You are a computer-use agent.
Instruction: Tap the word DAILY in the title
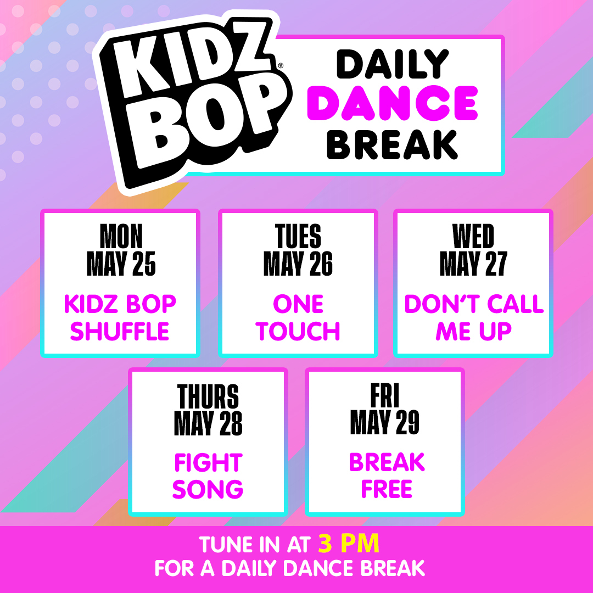coord(393,64)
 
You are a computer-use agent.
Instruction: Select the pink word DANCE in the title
coord(393,104)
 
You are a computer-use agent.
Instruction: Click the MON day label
coord(121,237)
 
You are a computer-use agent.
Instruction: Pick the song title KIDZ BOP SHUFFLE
coord(120,317)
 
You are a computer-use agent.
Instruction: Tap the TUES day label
coord(298,237)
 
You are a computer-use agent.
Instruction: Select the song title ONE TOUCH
coord(298,317)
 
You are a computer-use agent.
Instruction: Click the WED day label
coord(473,237)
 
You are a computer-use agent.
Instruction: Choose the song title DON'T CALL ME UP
coord(473,317)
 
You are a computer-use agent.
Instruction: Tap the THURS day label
coord(208,396)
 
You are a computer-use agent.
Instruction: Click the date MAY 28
coord(208,423)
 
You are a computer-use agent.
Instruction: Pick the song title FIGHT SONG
coord(208,476)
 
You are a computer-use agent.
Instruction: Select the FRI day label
coord(385,396)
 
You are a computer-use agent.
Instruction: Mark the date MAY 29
coord(385,423)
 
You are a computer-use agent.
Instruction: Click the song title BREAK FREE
coord(387,476)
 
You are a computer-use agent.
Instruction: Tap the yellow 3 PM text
coord(349,544)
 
